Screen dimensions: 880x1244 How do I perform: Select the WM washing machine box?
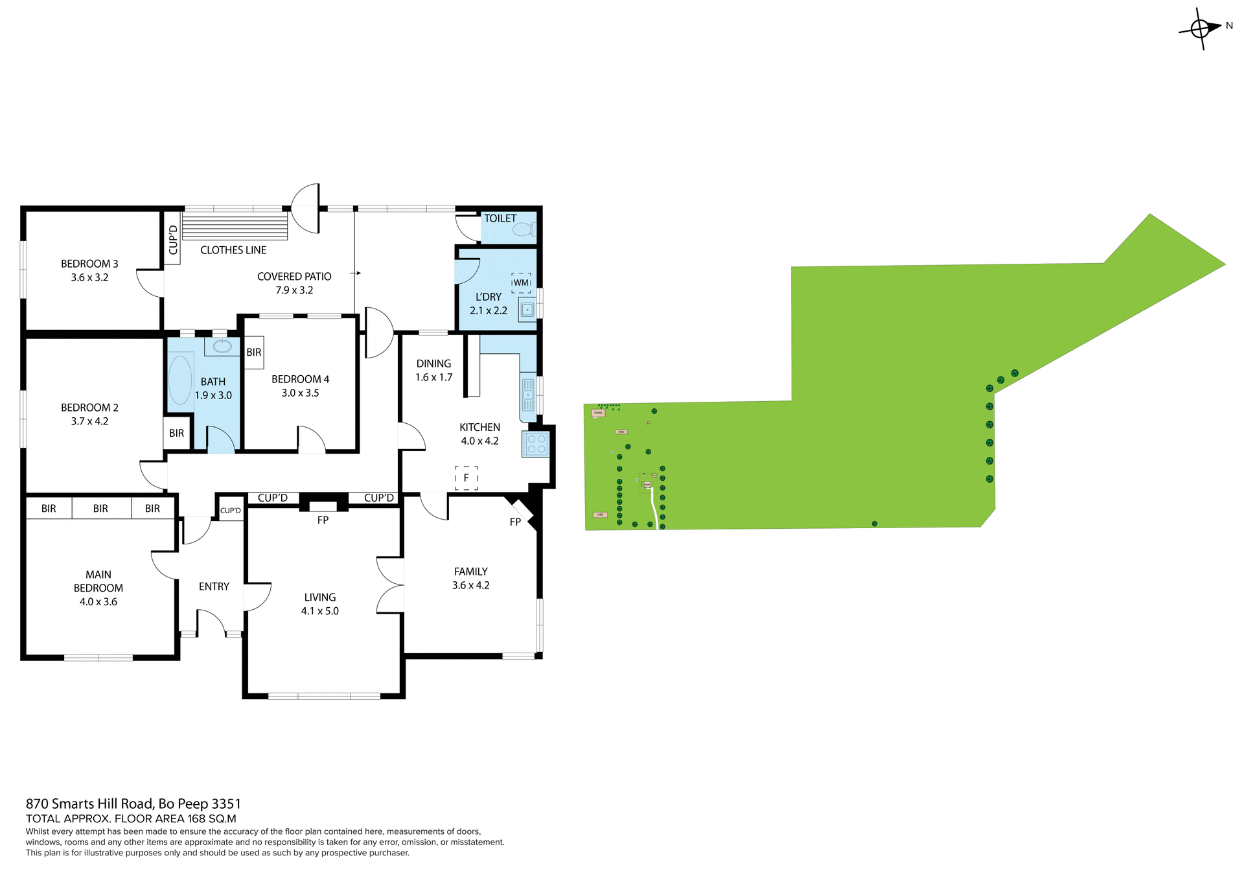[521, 283]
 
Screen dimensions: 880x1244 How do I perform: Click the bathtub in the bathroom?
[180, 380]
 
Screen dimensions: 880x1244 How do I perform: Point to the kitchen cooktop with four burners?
[536, 444]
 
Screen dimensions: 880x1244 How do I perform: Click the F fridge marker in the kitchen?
[466, 478]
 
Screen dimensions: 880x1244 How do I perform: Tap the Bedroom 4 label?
[300, 379]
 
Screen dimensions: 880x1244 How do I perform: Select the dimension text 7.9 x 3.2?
[294, 290]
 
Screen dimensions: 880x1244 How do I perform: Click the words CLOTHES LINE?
[233, 250]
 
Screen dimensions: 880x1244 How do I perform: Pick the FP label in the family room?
[515, 522]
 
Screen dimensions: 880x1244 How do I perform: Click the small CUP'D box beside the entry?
[230, 511]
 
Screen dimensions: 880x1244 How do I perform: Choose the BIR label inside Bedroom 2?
[176, 433]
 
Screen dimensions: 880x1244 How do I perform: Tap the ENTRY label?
[214, 586]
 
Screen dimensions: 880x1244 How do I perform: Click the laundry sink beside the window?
[527, 310]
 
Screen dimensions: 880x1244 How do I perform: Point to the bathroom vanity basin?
[222, 346]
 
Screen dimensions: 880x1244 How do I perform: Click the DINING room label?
[433, 364]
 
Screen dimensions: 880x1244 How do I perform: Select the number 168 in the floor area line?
[196, 818]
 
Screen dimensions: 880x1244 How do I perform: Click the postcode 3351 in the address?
[226, 804]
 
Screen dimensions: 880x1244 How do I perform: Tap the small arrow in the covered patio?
[356, 273]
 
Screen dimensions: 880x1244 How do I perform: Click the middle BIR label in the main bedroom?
[100, 509]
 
